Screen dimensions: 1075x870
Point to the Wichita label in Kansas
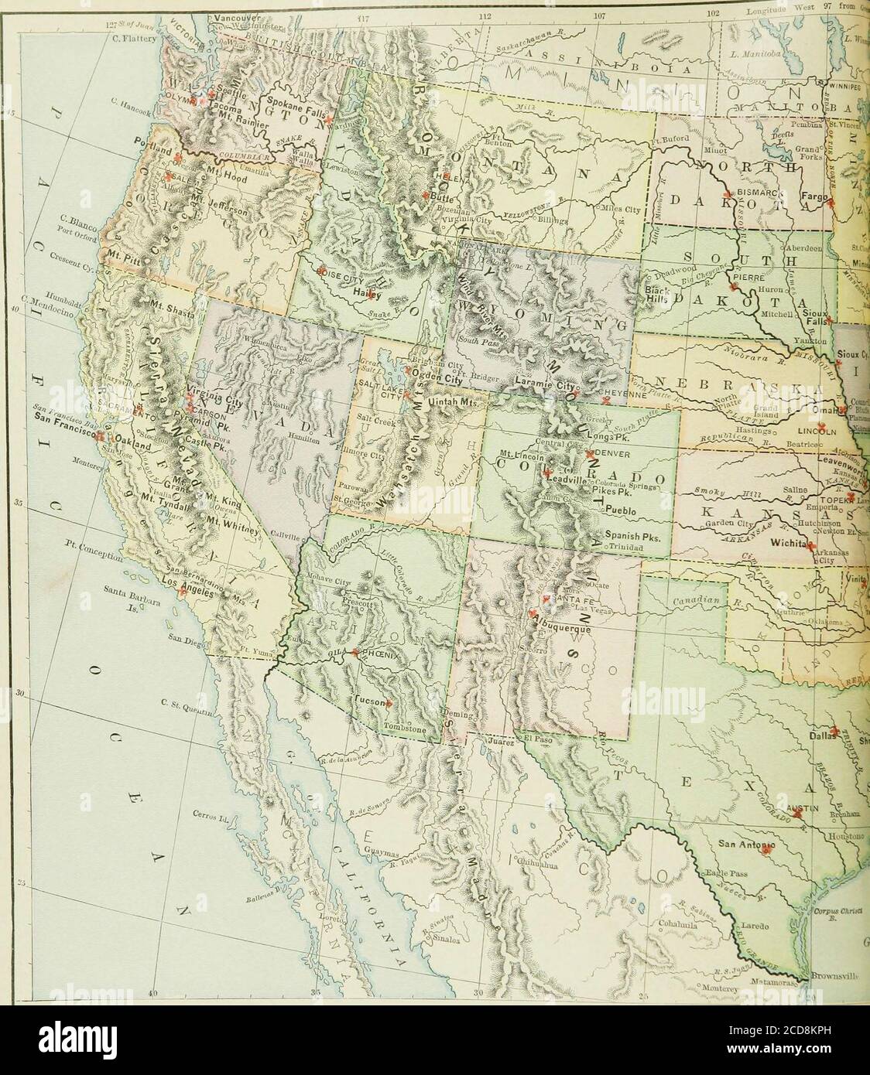coord(786,544)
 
